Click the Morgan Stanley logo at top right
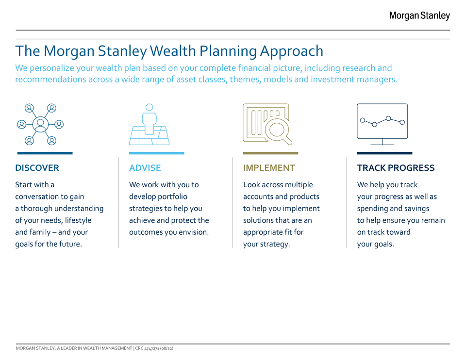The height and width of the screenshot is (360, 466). tap(419, 16)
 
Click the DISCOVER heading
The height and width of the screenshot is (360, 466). tap(37, 168)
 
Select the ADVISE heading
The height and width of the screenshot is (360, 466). tap(145, 168)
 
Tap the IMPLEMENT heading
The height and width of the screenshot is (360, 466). tap(269, 168)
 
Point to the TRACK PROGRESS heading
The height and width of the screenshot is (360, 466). tap(396, 168)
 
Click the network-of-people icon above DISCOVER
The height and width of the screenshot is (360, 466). tap(40, 124)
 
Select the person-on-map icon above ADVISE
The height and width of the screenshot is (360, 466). tap(149, 124)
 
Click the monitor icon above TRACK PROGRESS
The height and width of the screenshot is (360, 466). tap(382, 124)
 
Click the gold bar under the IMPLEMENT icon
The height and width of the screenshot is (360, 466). tap(270, 153)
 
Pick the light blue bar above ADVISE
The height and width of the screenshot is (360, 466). tap(157, 153)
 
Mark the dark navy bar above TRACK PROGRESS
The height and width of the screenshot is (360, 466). tap(384, 153)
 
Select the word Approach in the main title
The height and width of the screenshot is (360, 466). tap(292, 51)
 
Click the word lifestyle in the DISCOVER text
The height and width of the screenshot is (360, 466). tap(78, 220)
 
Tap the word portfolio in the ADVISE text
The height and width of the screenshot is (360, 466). tap(173, 196)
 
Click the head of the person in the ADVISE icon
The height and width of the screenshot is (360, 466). tap(149, 107)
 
